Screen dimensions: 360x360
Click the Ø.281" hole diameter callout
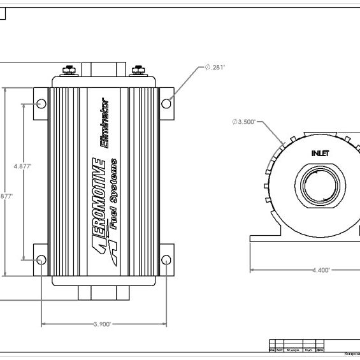tap(216, 66)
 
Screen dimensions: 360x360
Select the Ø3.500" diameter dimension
tap(245, 122)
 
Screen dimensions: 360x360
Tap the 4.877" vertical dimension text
tap(23, 166)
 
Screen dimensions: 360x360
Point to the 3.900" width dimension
tap(102, 324)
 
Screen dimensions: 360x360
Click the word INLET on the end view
tap(320, 153)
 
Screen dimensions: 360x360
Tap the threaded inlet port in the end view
tap(320, 189)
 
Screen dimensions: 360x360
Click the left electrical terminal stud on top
tap(69, 70)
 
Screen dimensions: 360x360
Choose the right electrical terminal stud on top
tap(137, 70)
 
